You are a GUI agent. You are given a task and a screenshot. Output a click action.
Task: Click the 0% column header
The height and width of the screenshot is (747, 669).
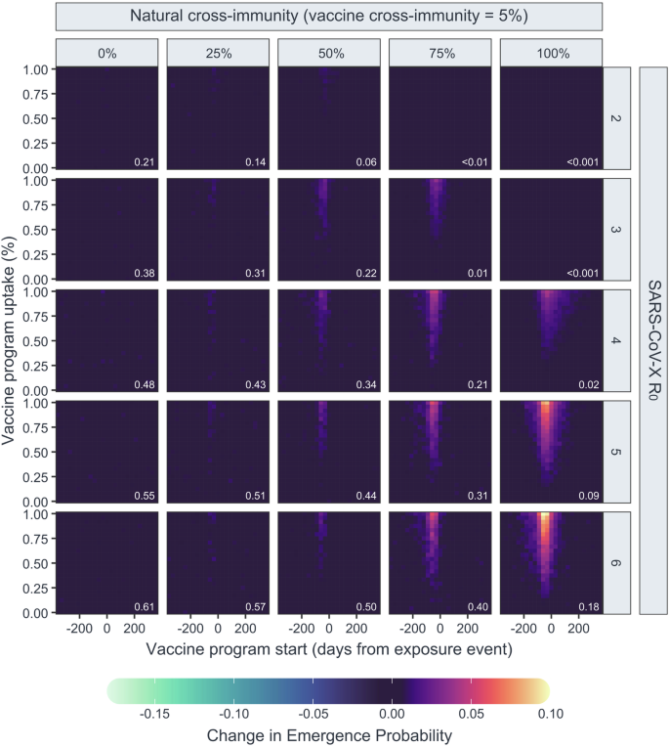click(x=105, y=54)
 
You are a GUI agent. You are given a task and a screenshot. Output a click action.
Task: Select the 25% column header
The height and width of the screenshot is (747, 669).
click(x=217, y=54)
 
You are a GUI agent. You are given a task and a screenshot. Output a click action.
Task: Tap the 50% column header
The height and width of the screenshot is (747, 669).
click(x=328, y=54)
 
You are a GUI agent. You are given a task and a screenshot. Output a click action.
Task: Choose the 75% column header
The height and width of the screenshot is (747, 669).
click(x=439, y=54)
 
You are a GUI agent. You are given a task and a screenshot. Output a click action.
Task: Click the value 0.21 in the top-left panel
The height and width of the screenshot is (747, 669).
click(x=144, y=161)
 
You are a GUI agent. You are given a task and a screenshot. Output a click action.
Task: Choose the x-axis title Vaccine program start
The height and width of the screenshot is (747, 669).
click(x=328, y=649)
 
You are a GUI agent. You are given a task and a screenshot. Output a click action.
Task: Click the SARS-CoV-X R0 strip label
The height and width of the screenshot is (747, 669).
click(x=653, y=340)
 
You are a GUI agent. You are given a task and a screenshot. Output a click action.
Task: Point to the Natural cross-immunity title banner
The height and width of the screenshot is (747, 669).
click(x=328, y=17)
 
